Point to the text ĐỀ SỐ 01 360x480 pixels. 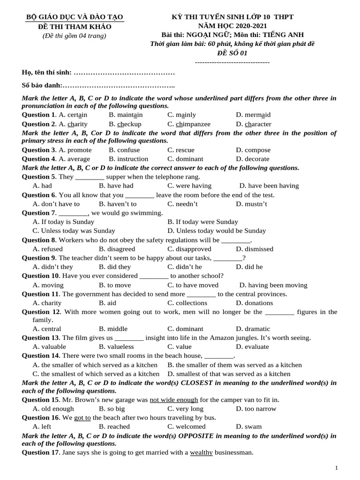click(x=232, y=53)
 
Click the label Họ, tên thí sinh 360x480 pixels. click(x=47, y=73)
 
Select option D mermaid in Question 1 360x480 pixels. click(x=253, y=115)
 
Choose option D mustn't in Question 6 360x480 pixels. click(x=251, y=204)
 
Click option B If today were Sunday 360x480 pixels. click(x=202, y=222)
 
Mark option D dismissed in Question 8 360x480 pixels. click(x=255, y=249)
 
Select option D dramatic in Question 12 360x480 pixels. click(x=253, y=329)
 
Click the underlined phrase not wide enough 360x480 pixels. click(x=174, y=400)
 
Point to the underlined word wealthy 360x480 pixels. click(x=201, y=452)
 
